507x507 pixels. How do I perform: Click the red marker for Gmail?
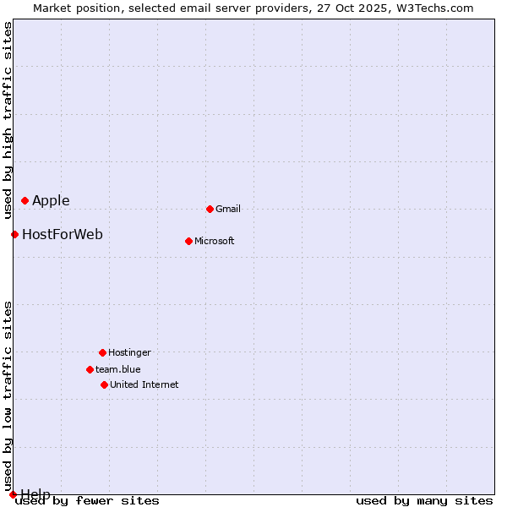pyautogui.click(x=210, y=209)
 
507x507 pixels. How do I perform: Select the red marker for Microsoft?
pyautogui.click(x=188, y=241)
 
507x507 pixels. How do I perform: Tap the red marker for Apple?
pyautogui.click(x=25, y=200)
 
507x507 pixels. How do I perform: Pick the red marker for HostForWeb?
pyautogui.click(x=14, y=234)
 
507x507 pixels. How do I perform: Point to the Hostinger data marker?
pyautogui.click(x=102, y=352)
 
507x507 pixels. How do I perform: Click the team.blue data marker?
pyautogui.click(x=90, y=369)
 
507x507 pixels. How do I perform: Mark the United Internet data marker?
pyautogui.click(x=104, y=384)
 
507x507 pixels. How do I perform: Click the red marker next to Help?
pyautogui.click(x=13, y=494)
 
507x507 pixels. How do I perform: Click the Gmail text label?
pyautogui.click(x=228, y=209)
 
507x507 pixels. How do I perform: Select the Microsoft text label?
pyautogui.click(x=215, y=241)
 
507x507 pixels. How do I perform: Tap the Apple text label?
pyautogui.click(x=51, y=200)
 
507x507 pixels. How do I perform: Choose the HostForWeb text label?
pyautogui.click(x=63, y=234)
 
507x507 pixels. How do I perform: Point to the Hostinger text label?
pyautogui.click(x=129, y=352)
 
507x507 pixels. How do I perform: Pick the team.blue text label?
pyautogui.click(x=118, y=369)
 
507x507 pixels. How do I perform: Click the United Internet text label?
pyautogui.click(x=144, y=384)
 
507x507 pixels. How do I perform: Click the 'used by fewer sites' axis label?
pyautogui.click(x=88, y=501)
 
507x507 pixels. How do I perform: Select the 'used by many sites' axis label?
pyautogui.click(x=424, y=501)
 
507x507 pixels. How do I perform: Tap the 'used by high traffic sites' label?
pyautogui.click(x=8, y=120)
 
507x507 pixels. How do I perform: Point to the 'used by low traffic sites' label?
pyautogui.click(x=8, y=390)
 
